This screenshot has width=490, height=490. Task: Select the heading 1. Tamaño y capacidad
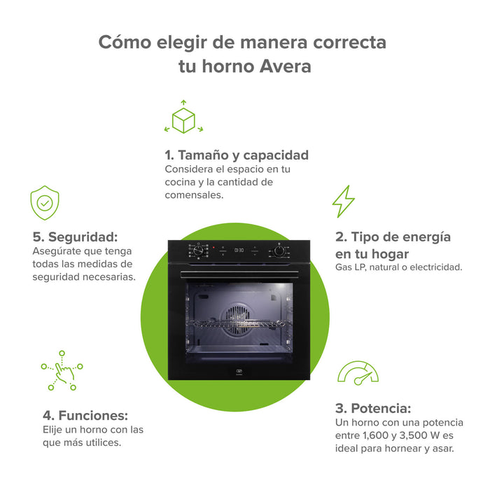click(237, 155)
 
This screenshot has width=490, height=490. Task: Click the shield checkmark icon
click(45, 203)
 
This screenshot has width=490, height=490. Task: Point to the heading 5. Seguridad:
click(75, 237)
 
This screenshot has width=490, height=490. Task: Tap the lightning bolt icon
click(343, 201)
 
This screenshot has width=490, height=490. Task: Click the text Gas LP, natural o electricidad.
click(398, 267)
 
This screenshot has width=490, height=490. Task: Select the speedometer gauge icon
click(358, 374)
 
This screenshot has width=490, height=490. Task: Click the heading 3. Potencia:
click(372, 408)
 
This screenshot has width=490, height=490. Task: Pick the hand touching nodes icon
click(62, 370)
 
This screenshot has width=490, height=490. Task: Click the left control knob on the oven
click(199, 250)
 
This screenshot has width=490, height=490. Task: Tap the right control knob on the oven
click(279, 250)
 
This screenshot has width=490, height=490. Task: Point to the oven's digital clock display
click(239, 249)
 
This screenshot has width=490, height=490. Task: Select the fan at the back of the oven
click(239, 315)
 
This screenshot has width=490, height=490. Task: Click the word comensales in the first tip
click(194, 195)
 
